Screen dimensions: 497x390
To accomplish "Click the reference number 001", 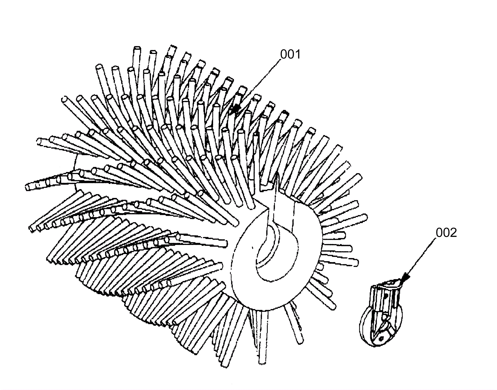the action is [x=290, y=55].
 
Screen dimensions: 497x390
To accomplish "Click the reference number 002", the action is [x=446, y=233].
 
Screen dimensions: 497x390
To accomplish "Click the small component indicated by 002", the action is [x=381, y=314].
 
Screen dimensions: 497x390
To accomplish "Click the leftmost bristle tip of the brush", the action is [x=27, y=187].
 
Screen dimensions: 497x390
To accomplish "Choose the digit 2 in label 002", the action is [x=453, y=233].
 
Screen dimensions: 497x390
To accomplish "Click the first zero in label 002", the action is [x=440, y=233].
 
